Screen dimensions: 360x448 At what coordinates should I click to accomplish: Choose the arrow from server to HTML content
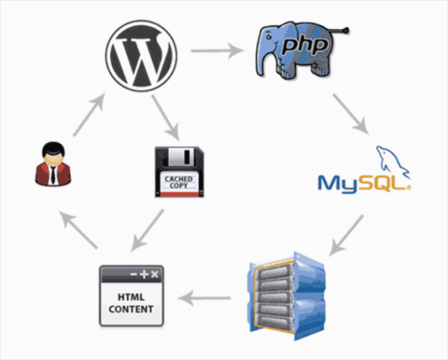pos(209,296)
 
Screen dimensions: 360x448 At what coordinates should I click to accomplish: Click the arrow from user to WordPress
pos(89,115)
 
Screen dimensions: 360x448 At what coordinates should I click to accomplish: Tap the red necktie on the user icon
pos(53,175)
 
